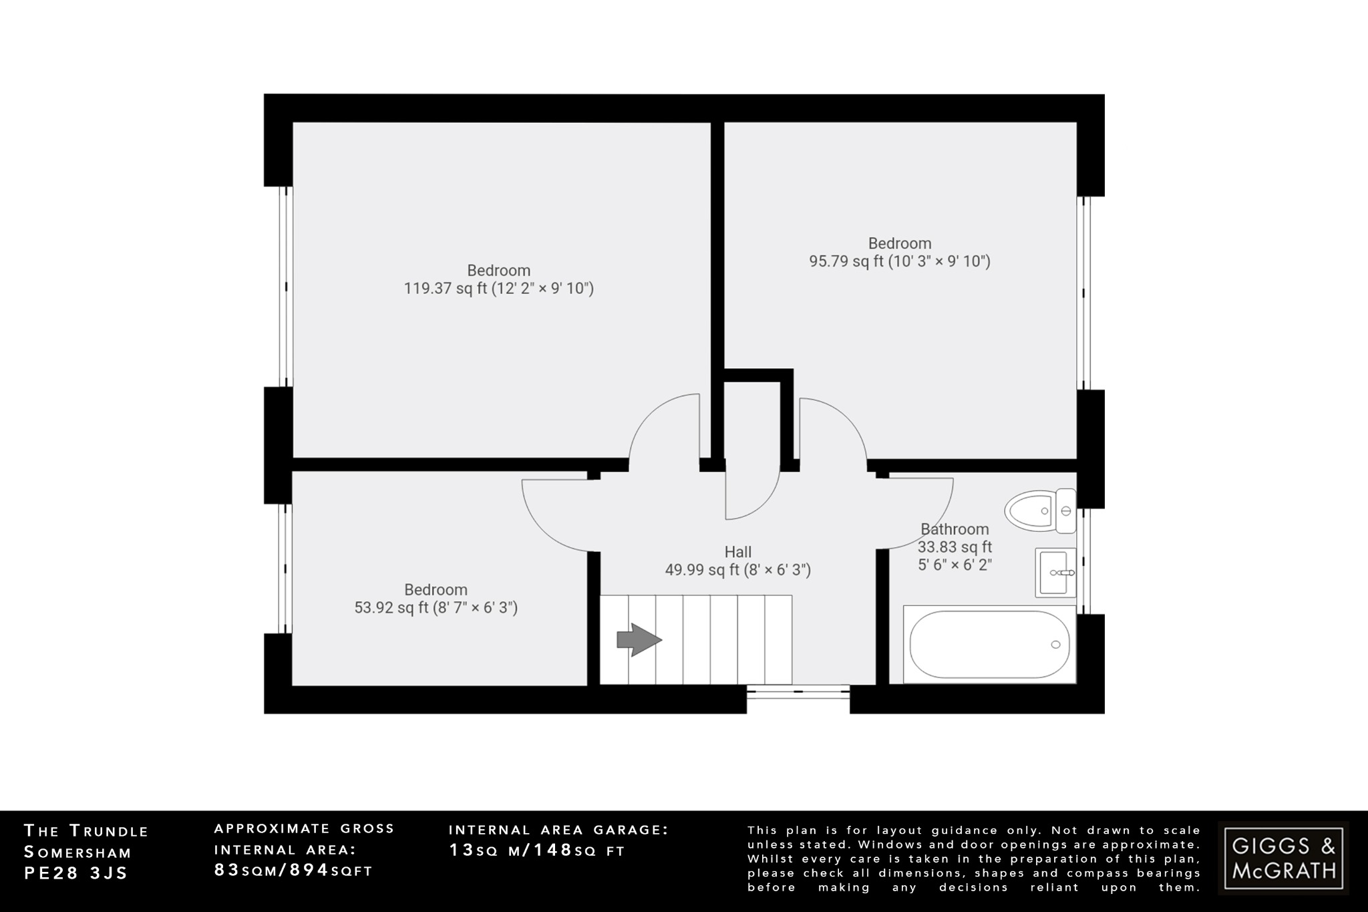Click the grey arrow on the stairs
(x=639, y=640)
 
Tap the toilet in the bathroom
(x=1032, y=511)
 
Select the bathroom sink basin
(x=1056, y=573)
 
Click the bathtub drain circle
(x=1055, y=644)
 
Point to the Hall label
(x=737, y=552)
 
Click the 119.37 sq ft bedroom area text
(x=498, y=289)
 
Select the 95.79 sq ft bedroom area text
(x=899, y=261)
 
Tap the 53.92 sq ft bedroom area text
(x=436, y=608)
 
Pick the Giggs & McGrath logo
(x=1283, y=858)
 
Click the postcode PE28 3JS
(x=75, y=873)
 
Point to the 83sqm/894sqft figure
(x=293, y=870)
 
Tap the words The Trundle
(x=86, y=831)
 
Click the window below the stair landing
(x=798, y=692)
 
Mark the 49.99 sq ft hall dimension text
(x=737, y=570)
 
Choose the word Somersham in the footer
(x=77, y=853)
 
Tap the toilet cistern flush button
(x=1066, y=511)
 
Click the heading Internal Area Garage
(x=558, y=830)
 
